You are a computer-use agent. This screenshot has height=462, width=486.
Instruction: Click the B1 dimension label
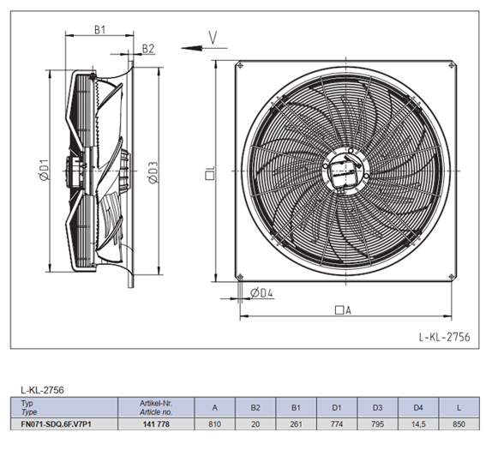pyautogui.click(x=99, y=30)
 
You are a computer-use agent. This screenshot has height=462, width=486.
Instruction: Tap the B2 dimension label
pyautogui.click(x=147, y=49)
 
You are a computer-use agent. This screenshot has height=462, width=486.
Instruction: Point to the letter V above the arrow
pyautogui.click(x=213, y=38)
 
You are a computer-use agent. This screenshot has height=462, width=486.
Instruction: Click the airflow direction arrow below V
pyautogui.click(x=204, y=48)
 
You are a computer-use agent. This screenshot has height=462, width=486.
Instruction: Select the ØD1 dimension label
pyautogui.click(x=45, y=170)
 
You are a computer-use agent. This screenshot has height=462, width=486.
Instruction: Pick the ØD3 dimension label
pyautogui.click(x=153, y=172)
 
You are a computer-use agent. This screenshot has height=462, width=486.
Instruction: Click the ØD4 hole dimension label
pyautogui.click(x=261, y=292)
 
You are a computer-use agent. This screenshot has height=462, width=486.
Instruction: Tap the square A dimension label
pyautogui.click(x=343, y=310)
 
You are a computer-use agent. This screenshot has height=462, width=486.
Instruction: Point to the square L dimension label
pyautogui.click(x=210, y=172)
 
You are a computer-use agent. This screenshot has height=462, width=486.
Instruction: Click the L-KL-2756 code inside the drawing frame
pyautogui.click(x=445, y=337)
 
